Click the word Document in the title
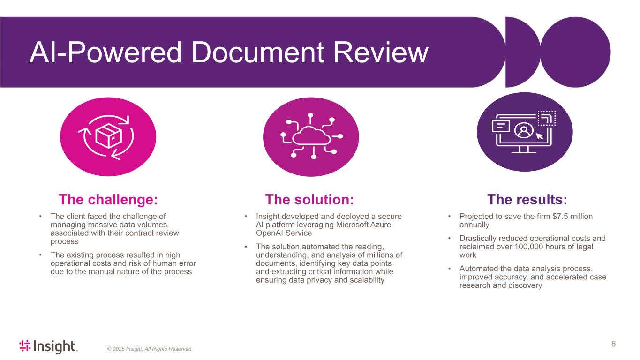coord(258,52)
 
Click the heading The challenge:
coord(108,199)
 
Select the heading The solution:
coord(309,199)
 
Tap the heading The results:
coord(527,199)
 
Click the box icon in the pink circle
coord(109,136)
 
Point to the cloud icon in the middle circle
coord(311,136)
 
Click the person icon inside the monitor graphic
coord(524,131)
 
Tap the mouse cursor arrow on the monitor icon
coord(539,136)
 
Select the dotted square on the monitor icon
coord(547,118)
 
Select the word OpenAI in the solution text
coord(269,233)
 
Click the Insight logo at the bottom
coord(48,346)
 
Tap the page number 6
coord(613,344)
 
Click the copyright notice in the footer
coord(150,349)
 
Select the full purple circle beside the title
coord(575,52)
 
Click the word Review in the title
coord(381,52)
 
